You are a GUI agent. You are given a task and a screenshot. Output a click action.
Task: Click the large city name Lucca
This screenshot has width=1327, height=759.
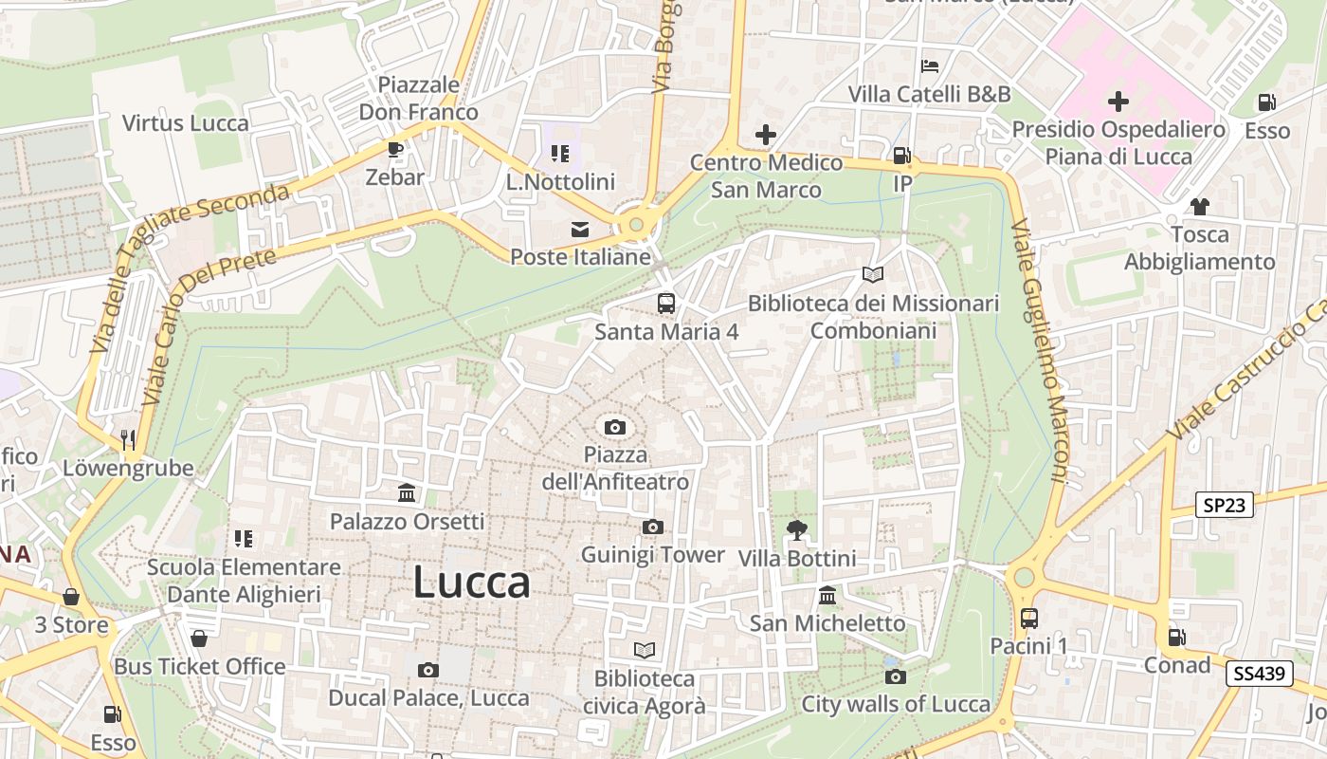[x=471, y=582]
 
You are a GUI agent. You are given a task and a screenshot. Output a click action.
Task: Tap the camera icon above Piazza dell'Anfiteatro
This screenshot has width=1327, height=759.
[x=614, y=427]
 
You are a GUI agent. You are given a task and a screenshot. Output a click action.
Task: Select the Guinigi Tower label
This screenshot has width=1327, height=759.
[x=652, y=554]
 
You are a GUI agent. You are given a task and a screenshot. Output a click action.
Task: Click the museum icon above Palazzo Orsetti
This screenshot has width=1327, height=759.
[x=408, y=492]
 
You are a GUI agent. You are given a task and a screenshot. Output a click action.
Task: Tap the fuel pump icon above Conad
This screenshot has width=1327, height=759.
[x=1176, y=638]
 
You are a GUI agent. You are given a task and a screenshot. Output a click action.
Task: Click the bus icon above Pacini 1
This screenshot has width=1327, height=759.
[x=1029, y=619]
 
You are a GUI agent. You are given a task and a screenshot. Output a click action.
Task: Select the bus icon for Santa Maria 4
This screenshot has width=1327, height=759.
[x=666, y=304]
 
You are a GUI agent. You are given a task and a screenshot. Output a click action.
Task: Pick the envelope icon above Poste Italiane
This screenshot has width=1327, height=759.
[x=579, y=229]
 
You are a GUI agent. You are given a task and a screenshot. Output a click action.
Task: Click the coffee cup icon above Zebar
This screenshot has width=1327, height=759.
[x=394, y=149]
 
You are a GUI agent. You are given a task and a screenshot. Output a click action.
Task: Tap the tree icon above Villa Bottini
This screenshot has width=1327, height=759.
[x=796, y=530]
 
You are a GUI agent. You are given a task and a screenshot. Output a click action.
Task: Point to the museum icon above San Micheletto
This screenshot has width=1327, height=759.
[x=827, y=596]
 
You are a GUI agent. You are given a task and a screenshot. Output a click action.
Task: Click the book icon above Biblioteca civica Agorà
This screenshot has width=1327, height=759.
[x=645, y=650]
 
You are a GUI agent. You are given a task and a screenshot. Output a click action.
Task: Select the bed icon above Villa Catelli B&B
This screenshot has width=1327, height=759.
[x=930, y=66]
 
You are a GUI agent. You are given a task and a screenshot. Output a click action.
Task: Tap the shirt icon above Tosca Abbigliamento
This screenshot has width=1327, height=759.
[x=1199, y=206]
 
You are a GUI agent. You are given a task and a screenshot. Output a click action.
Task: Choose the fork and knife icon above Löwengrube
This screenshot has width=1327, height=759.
[x=128, y=439]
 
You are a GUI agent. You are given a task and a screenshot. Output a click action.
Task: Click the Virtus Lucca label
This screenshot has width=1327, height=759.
[x=186, y=122]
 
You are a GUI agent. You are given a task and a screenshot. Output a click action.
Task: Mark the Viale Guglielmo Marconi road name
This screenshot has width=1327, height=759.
[x=1040, y=351]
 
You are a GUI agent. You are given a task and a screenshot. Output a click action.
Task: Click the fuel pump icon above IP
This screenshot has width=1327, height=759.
[x=901, y=156]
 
